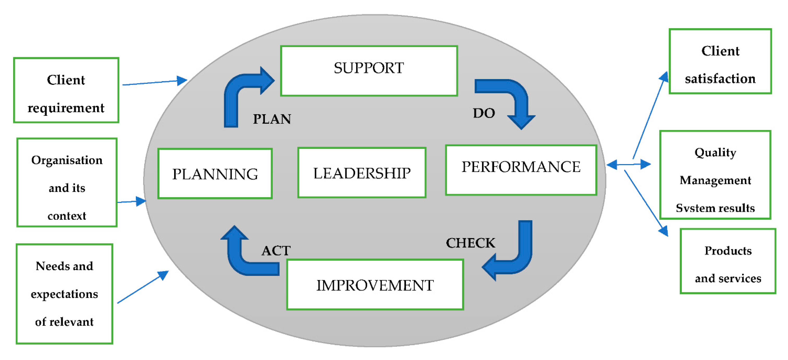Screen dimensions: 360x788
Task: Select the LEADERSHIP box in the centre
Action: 362,173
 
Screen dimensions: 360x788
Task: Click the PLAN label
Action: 272,119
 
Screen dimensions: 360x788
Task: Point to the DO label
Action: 484,113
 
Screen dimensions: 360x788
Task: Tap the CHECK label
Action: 470,243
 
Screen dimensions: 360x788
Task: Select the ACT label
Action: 276,251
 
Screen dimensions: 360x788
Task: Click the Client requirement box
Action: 66,90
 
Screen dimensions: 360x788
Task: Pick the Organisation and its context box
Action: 67,183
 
